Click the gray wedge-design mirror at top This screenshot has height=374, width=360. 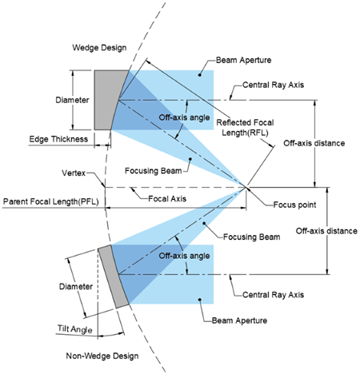tap(106, 97)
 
